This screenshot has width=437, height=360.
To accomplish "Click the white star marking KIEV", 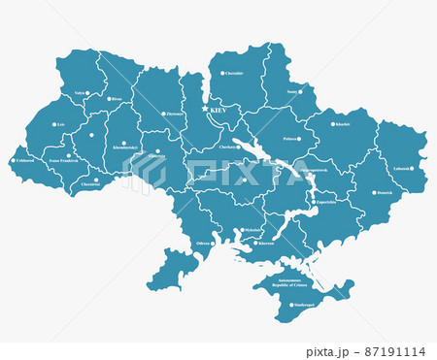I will (x=205, y=111).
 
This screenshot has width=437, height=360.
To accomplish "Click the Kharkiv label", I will (x=342, y=124).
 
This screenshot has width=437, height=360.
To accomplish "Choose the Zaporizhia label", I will (x=325, y=203).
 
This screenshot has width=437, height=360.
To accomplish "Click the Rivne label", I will (x=117, y=99).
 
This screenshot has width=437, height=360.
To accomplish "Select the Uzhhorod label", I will (x=25, y=161).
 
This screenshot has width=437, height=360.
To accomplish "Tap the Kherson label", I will (x=266, y=243).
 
